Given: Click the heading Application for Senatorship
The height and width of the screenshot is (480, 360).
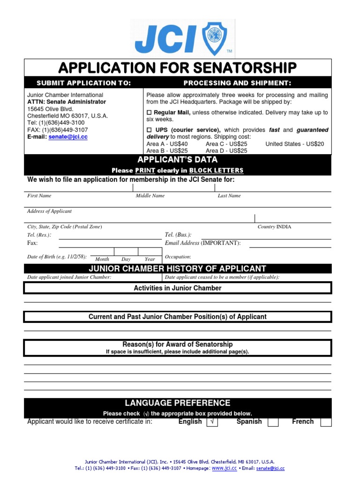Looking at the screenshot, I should pos(178,67).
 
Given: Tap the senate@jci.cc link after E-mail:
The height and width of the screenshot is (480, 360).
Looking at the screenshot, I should pos(68,137).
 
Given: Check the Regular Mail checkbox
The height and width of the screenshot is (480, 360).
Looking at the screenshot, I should pos(150,113).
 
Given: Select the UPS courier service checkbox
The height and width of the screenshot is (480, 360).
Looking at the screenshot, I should pos(150,130).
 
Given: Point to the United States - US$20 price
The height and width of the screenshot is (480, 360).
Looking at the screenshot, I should pos(294,144).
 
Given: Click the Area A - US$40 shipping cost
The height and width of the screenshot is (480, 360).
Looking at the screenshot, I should pos(167,144).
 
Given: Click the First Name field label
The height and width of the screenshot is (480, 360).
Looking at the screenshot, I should pos(39,196).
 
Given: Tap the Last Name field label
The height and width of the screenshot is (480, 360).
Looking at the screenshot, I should pos(229,196).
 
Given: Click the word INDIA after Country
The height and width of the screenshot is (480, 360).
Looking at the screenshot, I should pos(284,227).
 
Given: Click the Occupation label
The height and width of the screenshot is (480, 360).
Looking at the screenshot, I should pos(178,257).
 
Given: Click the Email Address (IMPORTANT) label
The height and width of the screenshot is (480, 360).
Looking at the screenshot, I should pos(202,243).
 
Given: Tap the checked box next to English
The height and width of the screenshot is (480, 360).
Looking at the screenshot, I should pos(212,422).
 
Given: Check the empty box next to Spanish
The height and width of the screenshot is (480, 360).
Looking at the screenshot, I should pos(273,422).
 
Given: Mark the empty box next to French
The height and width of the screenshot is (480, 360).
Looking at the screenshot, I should pos(326,422).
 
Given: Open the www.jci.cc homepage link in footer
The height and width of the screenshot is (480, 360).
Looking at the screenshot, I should pos(224,468).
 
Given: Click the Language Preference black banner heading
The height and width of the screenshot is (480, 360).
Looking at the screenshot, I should pos(178,403).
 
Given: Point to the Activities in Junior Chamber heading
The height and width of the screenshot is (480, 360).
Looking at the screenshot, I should pos(178,288).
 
